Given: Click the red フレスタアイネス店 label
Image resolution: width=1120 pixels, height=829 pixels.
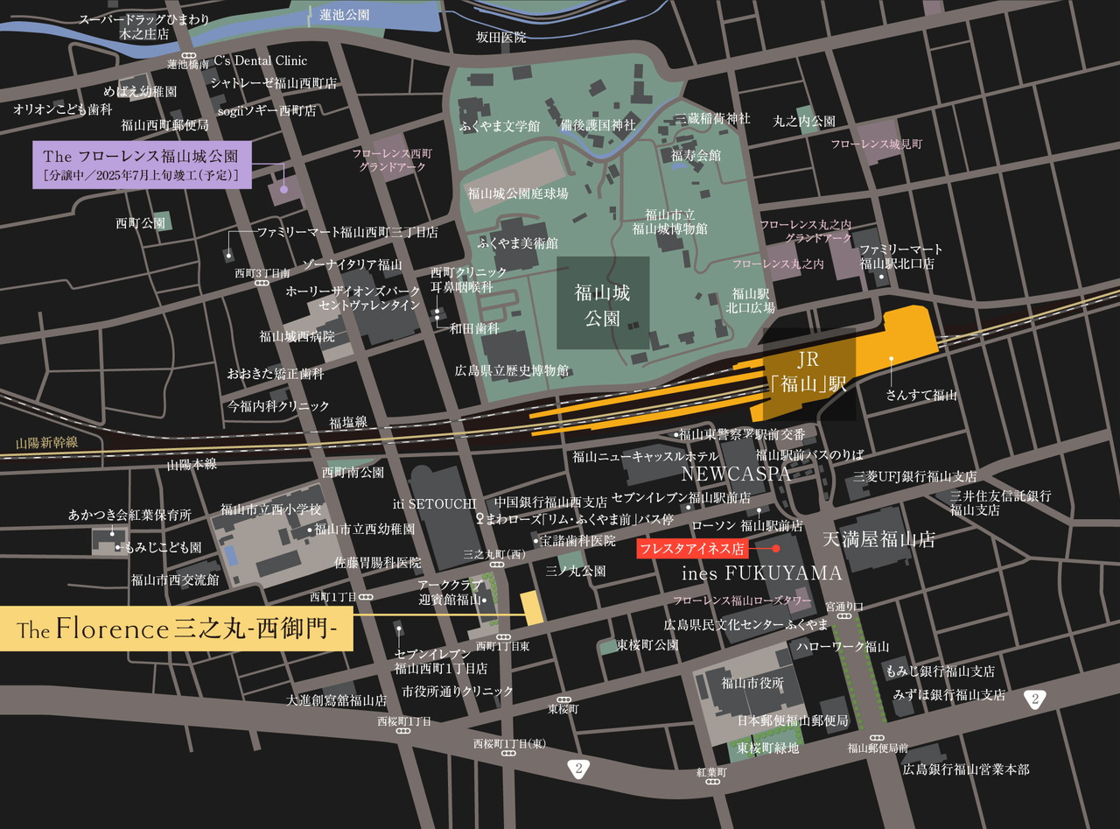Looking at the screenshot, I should [690, 549].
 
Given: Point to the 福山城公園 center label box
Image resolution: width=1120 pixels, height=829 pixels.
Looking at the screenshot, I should [603, 304].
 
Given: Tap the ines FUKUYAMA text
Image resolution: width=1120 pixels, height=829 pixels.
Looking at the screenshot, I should [761, 573].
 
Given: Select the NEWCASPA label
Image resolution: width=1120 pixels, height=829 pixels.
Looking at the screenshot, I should [736, 474].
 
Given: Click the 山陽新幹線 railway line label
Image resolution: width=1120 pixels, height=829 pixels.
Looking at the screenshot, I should [46, 443].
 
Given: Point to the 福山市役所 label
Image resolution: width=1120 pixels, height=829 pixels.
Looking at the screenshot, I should [752, 683].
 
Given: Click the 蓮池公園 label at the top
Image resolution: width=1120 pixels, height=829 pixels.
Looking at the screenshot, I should [344, 15].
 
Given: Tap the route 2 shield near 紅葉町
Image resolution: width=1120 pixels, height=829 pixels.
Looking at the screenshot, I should [578, 769].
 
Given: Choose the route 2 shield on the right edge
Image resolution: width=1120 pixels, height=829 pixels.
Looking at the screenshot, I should [1035, 698].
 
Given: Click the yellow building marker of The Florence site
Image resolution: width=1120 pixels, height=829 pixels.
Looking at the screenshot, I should [530, 608].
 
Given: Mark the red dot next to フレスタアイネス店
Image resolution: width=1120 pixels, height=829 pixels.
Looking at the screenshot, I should [775, 549].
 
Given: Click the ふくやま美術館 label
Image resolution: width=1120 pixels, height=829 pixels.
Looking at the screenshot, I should [518, 242].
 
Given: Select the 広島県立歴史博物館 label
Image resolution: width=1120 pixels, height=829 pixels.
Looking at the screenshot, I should [512, 370].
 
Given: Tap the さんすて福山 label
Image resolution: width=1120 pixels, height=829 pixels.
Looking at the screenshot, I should [921, 395].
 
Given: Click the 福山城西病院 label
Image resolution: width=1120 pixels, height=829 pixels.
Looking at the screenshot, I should [297, 335].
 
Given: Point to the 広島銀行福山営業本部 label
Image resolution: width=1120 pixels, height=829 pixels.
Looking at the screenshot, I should [966, 769].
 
